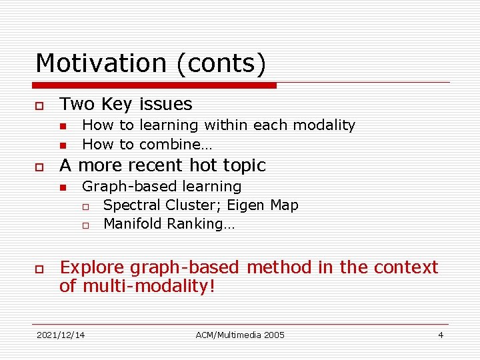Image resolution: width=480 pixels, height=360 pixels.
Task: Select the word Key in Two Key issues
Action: pyautogui.click(x=117, y=104)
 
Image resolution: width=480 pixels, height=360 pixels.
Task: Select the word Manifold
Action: pyautogui.click(x=133, y=224)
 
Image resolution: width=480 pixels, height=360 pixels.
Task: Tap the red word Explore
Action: pyautogui.click(x=92, y=268)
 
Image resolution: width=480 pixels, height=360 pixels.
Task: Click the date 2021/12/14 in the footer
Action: pyautogui.click(x=61, y=335)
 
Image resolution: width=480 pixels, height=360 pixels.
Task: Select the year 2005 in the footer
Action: pyautogui.click(x=273, y=335)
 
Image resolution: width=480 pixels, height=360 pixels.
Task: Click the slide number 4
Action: pyautogui.click(x=440, y=335)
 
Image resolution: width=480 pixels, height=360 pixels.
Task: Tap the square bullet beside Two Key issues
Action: pyautogui.click(x=40, y=106)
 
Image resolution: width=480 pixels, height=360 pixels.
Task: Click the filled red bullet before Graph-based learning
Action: pyautogui.click(x=63, y=187)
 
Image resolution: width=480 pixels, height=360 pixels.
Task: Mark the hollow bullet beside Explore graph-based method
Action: pyautogui.click(x=40, y=269)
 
